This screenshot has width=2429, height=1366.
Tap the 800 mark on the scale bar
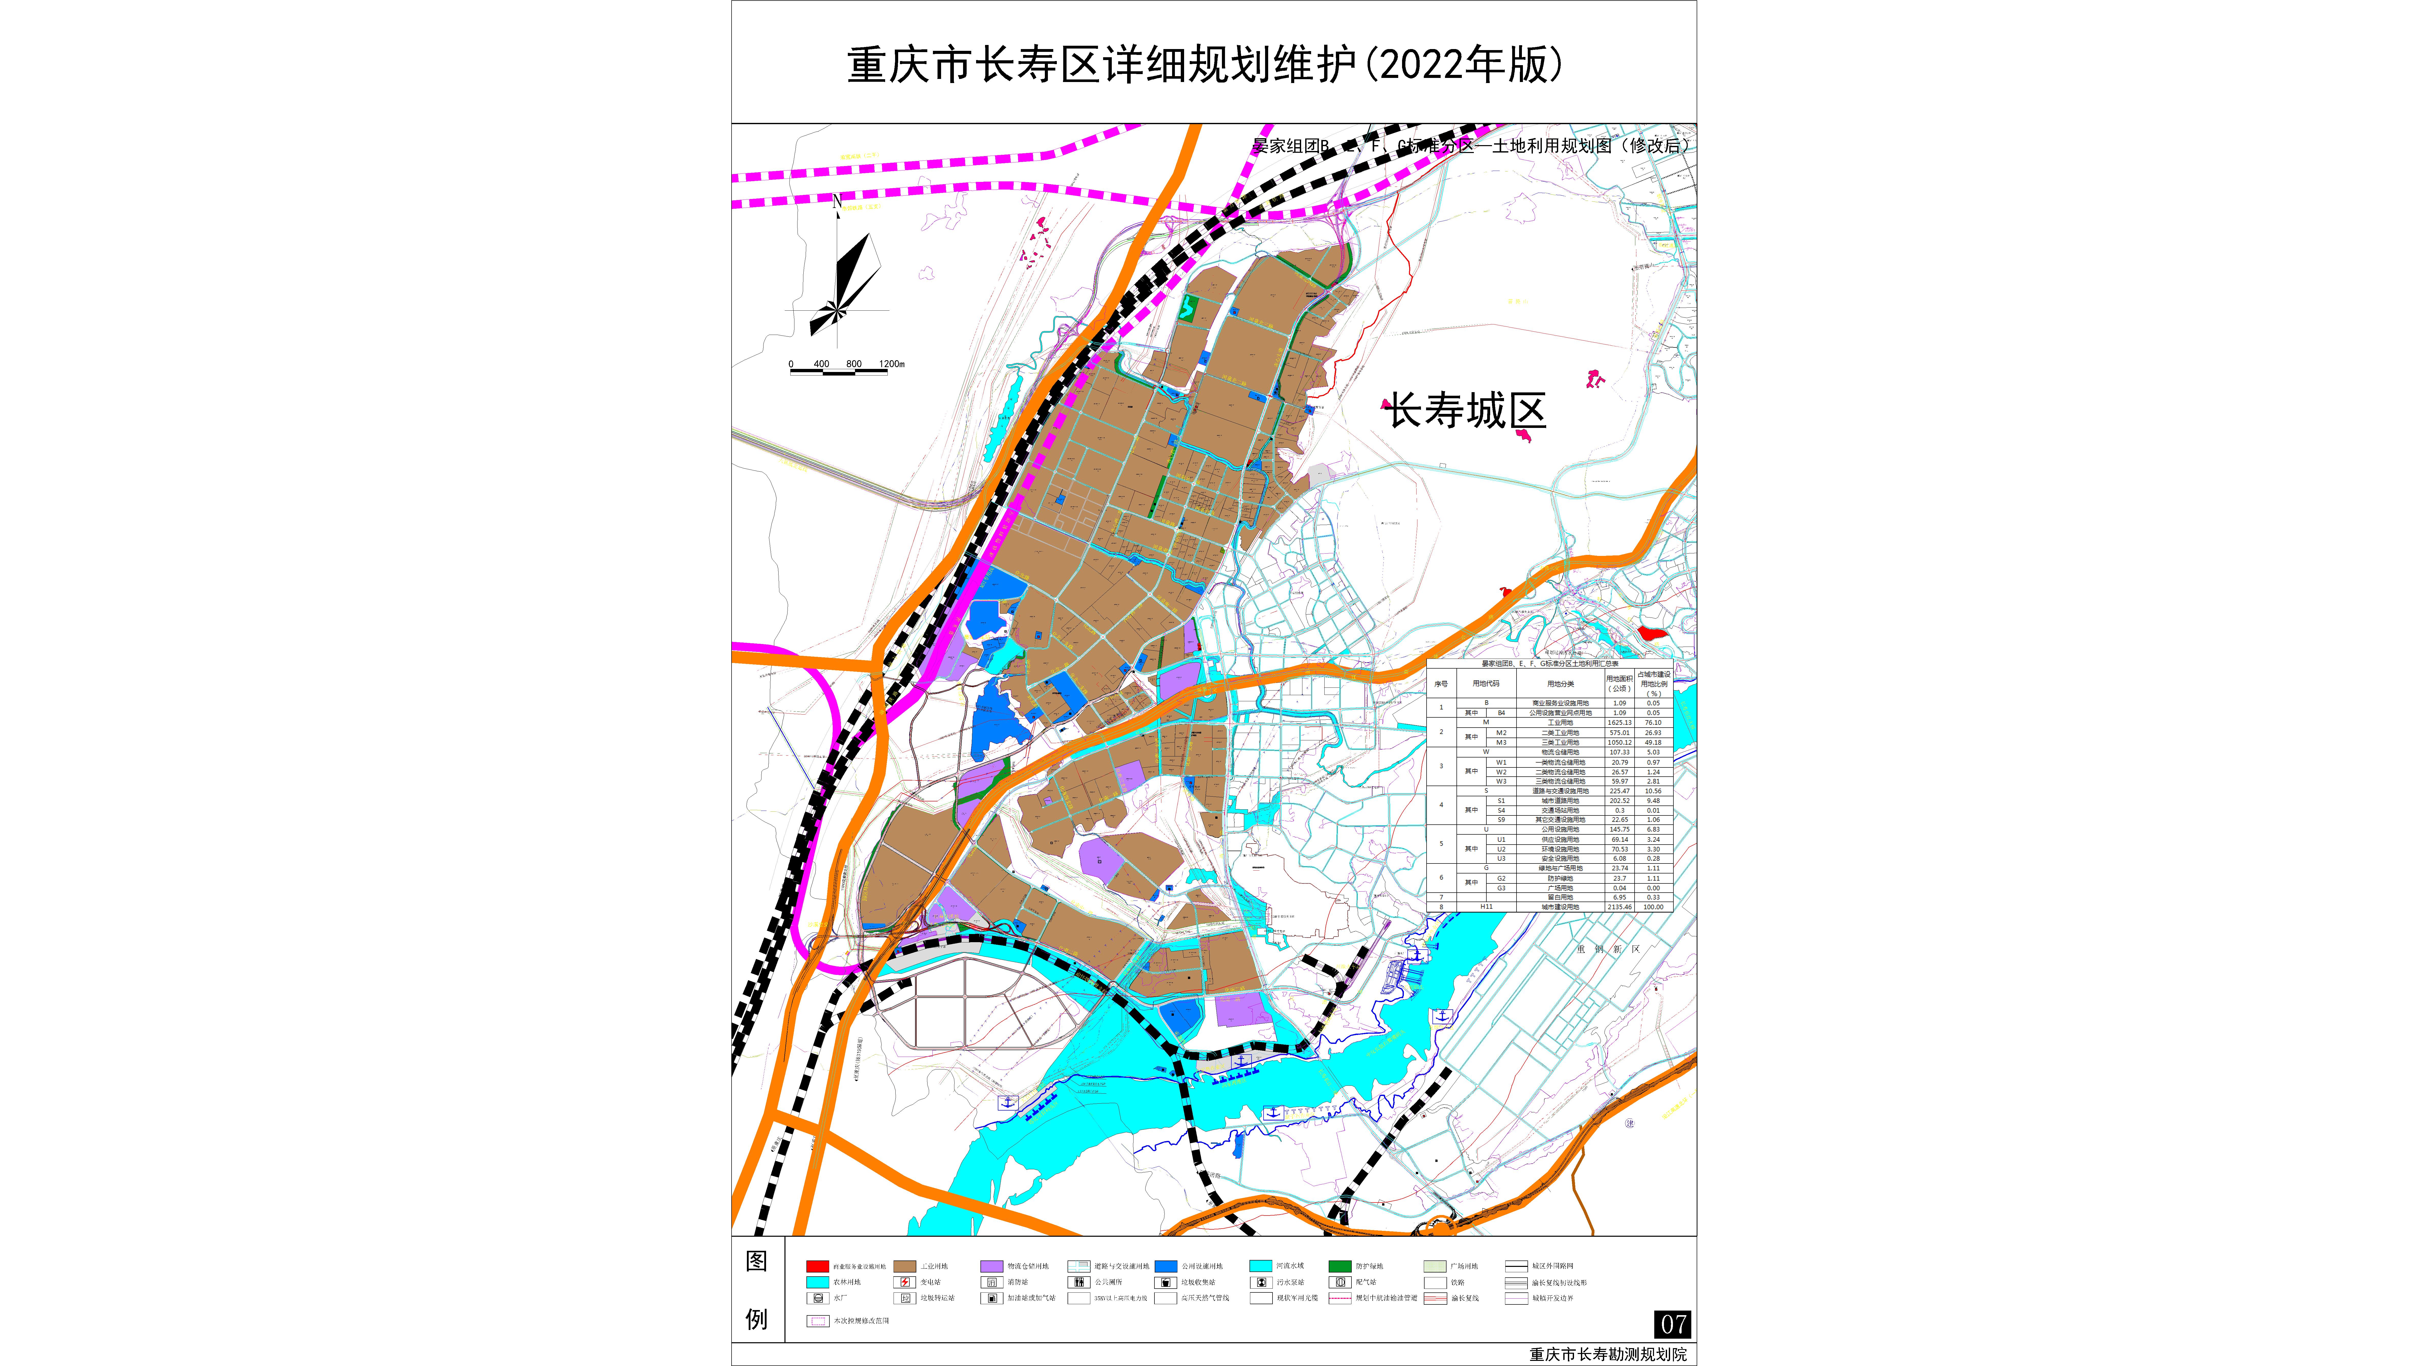853,364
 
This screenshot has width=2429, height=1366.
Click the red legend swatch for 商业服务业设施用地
817,1266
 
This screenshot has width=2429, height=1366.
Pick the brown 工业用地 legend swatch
904,1266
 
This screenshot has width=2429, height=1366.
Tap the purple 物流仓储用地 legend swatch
991,1266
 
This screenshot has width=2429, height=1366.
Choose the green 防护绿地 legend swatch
1340,1266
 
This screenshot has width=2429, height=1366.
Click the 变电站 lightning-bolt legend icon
904,1282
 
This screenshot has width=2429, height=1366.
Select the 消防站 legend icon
991,1282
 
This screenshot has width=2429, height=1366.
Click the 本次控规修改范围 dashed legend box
817,1321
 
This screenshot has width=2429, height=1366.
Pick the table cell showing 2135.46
1619,907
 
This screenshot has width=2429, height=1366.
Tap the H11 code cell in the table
1486,907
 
